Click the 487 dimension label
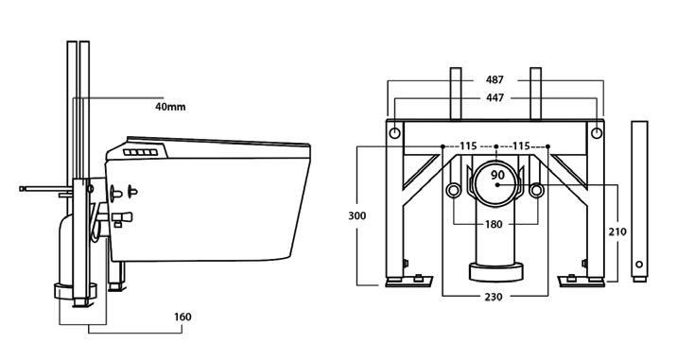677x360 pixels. [495, 80]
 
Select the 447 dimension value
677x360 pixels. [495, 98]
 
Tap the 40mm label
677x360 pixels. [170, 107]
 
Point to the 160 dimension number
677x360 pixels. [182, 317]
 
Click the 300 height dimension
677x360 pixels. [357, 215]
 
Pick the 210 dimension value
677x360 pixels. [617, 231]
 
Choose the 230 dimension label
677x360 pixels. [494, 297]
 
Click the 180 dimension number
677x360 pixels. [494, 224]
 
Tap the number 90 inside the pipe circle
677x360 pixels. [497, 175]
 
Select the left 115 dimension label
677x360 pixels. [468, 146]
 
